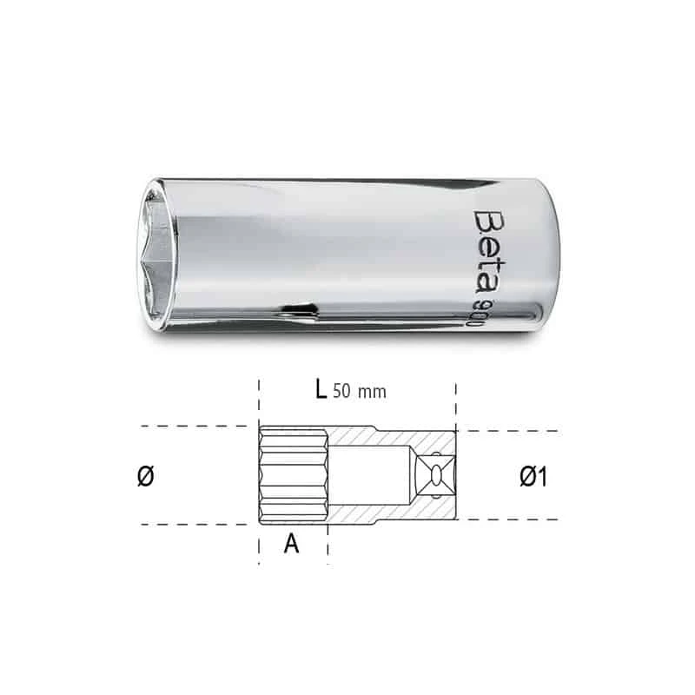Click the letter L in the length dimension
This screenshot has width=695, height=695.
point(321,390)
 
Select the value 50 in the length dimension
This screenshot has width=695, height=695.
point(343,392)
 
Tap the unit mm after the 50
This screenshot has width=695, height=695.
point(373,392)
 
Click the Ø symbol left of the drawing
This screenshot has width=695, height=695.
point(146,476)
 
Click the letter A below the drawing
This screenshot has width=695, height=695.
point(292,544)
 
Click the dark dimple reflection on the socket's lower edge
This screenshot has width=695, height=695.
point(295,308)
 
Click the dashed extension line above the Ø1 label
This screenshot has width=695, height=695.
point(513,431)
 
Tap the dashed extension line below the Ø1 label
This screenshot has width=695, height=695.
point(513,520)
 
